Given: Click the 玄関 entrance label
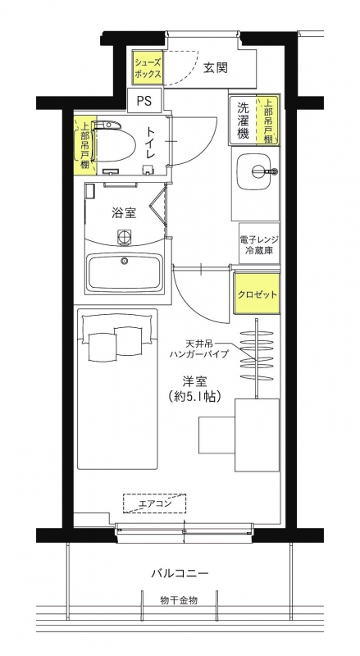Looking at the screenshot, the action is click(216, 68).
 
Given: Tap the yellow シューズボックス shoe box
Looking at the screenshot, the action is click(148, 67).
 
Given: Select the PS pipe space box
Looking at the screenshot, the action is click(144, 101).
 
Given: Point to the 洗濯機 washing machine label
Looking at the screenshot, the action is click(244, 121).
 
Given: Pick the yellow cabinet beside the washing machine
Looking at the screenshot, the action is click(268, 121).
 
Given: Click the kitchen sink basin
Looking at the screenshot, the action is click(253, 171).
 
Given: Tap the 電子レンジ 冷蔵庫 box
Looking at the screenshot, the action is click(259, 244).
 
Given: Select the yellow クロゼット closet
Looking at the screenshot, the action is click(257, 294).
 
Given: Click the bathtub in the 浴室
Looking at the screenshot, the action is click(124, 273).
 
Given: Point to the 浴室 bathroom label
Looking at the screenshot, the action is click(124, 213).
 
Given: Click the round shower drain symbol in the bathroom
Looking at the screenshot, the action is click(124, 236).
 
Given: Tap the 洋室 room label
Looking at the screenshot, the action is click(195, 381).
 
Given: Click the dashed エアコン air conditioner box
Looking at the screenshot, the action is click(154, 503).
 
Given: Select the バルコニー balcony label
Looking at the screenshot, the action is click(180, 572).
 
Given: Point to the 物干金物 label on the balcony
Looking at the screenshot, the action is click(178, 600).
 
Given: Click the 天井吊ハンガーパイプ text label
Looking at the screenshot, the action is click(199, 349).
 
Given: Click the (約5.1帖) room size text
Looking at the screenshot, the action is click(195, 396).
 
